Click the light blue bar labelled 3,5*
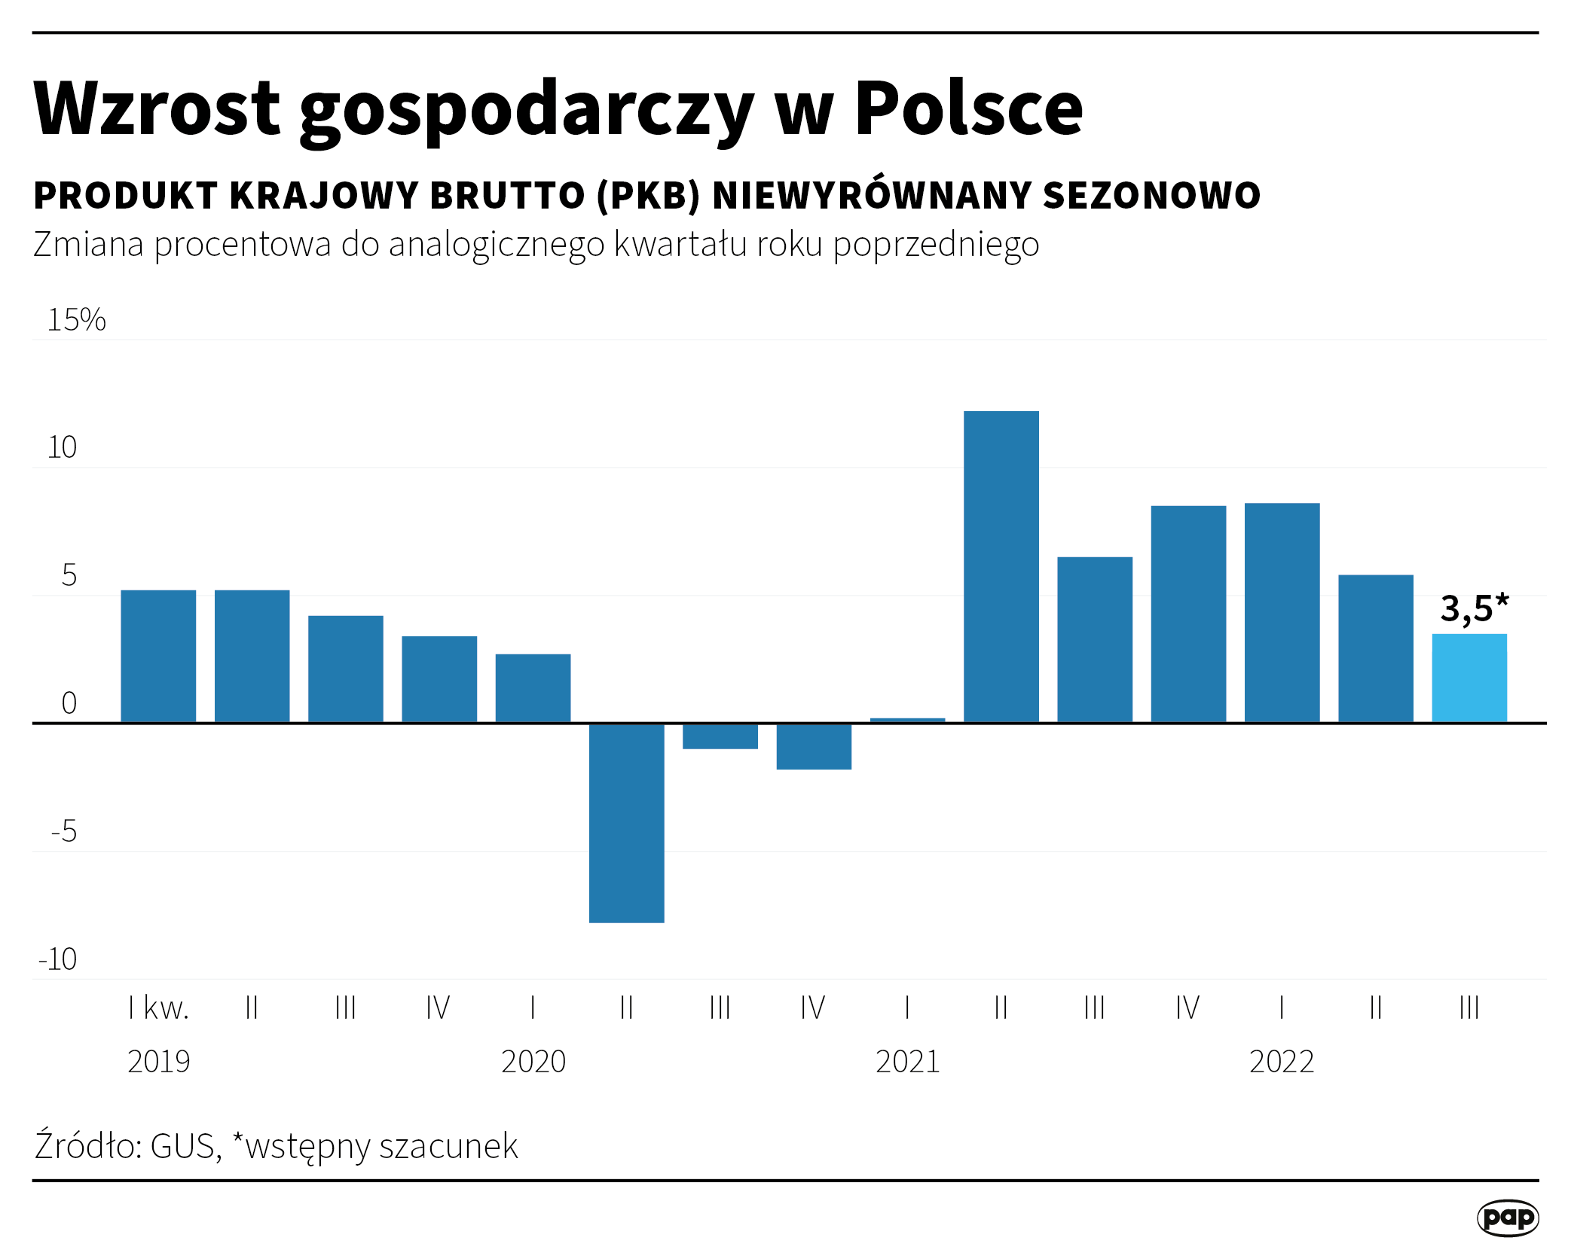coord(1469,678)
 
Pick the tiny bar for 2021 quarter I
coord(907,720)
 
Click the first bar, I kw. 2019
coord(158,656)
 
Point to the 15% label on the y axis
coord(76,320)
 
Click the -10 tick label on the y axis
coord(58,959)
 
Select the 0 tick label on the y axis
coord(69,703)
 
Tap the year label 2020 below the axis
coord(533,1062)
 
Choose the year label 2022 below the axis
coord(1281,1062)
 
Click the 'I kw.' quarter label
coord(158,1008)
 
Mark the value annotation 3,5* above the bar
coord(1474,608)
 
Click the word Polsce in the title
coord(968,108)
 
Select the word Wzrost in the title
coord(157,108)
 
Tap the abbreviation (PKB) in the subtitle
coord(648,196)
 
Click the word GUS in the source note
coord(184,1147)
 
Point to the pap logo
coord(1507,1218)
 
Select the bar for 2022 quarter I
coord(1282,613)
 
